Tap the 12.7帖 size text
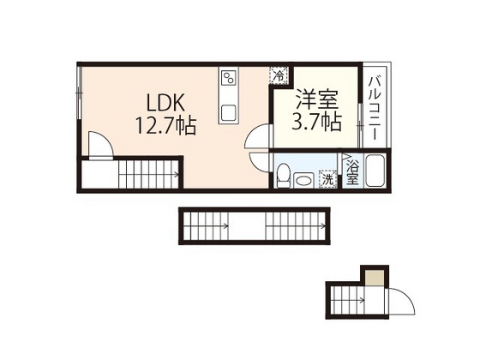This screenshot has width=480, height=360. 165,127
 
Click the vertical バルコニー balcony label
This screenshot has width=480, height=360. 375,107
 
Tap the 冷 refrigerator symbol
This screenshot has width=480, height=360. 279,75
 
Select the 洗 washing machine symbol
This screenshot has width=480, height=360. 327,179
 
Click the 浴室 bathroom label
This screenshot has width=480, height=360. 351,171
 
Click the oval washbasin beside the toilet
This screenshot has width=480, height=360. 302,179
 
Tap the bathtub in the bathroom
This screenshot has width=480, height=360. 375,171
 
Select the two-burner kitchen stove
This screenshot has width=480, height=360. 229,82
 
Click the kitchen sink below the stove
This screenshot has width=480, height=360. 230,112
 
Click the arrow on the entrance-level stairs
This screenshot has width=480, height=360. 363,300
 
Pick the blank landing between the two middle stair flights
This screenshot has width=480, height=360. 246,227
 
